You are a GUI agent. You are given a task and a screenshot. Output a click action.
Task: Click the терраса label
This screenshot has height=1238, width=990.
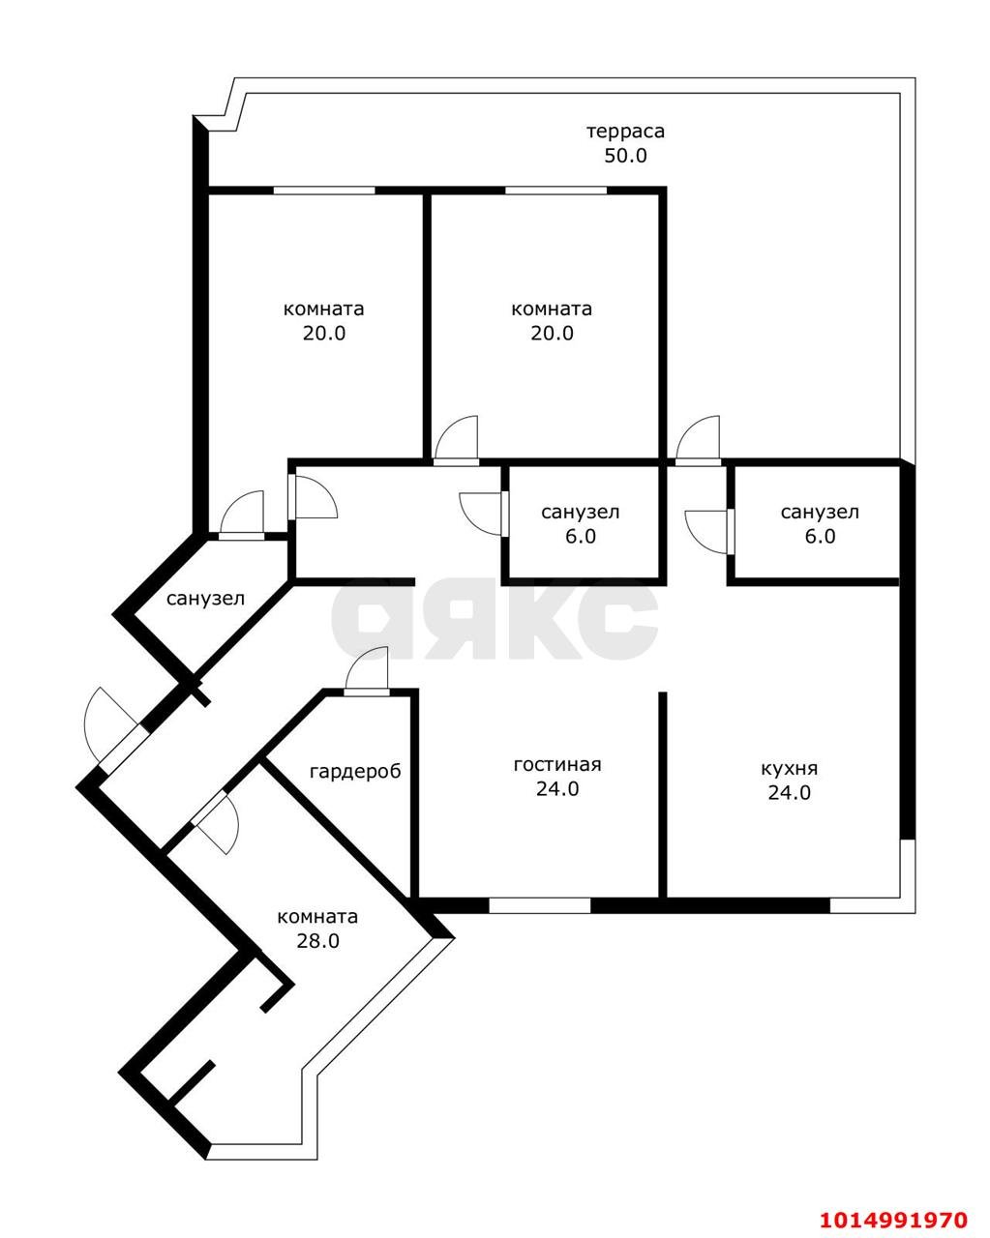click(x=625, y=132)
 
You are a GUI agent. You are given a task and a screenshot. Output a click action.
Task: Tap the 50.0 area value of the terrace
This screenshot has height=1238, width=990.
click(x=625, y=156)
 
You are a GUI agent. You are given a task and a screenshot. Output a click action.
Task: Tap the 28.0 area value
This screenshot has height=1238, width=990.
click(x=317, y=940)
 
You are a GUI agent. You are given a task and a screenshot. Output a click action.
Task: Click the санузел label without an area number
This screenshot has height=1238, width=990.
click(x=205, y=599)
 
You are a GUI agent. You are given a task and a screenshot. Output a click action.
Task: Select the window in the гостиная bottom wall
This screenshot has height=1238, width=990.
click(x=539, y=905)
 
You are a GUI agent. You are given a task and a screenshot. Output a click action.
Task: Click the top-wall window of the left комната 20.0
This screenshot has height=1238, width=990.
click(x=323, y=191)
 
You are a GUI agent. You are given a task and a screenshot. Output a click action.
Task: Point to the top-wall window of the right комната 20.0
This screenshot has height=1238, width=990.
click(x=555, y=191)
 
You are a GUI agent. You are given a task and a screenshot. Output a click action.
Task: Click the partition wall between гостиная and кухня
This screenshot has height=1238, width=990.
click(x=663, y=793)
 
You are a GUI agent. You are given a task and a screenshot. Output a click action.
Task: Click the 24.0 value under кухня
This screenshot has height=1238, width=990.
click(x=789, y=793)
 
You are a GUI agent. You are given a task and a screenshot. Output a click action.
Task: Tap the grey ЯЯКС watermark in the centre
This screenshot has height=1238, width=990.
click(x=495, y=620)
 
